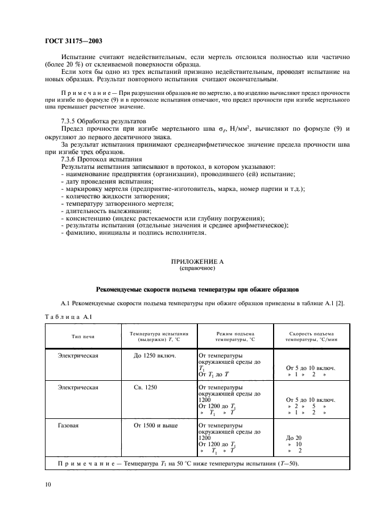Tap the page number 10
pos(47,484)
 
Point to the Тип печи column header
pos(82,336)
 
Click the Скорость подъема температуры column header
pos(311,336)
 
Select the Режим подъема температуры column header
pos(235,336)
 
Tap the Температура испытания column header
pos(159,336)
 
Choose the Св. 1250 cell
pos(146,386)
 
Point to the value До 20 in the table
pos(295,438)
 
